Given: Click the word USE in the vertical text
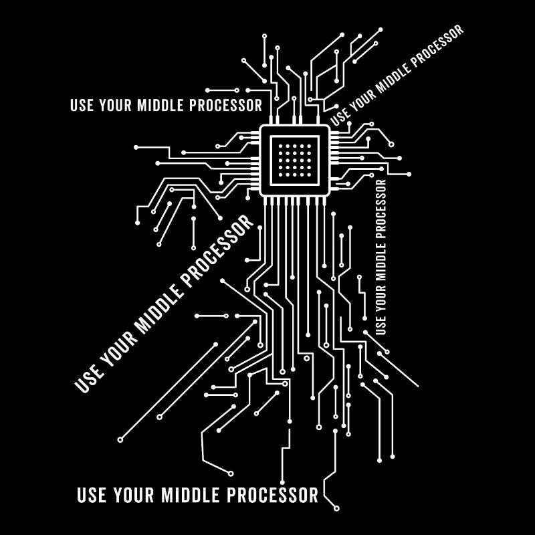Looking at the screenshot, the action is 381,326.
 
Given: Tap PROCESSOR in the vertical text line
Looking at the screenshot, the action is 381,209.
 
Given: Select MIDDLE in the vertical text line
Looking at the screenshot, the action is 381,262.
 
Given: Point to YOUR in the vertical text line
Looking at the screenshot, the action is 381,299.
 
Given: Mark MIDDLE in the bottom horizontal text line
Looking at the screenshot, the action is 190,495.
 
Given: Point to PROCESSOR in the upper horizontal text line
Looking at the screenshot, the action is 225,105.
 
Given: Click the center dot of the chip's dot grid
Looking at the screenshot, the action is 294,160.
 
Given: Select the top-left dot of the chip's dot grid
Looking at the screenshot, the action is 280,146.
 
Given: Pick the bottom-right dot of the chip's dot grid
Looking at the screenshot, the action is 309,175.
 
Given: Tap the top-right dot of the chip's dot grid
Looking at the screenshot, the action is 309,146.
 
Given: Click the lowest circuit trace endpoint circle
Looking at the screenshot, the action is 336,508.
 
